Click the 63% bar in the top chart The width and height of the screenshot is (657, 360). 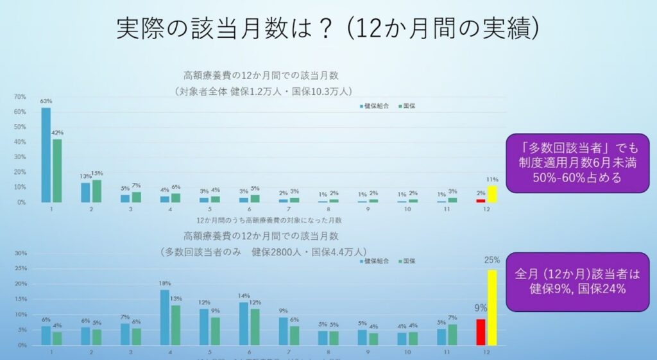(x=46, y=155)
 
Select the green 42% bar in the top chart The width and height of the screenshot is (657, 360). (x=57, y=171)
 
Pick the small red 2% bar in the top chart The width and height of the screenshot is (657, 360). (x=481, y=200)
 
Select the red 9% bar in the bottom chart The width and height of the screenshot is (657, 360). (x=481, y=332)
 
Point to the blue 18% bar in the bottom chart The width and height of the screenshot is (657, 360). (x=165, y=318)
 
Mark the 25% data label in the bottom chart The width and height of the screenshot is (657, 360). (x=492, y=260)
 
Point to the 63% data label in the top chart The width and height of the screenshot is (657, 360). (x=46, y=101)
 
